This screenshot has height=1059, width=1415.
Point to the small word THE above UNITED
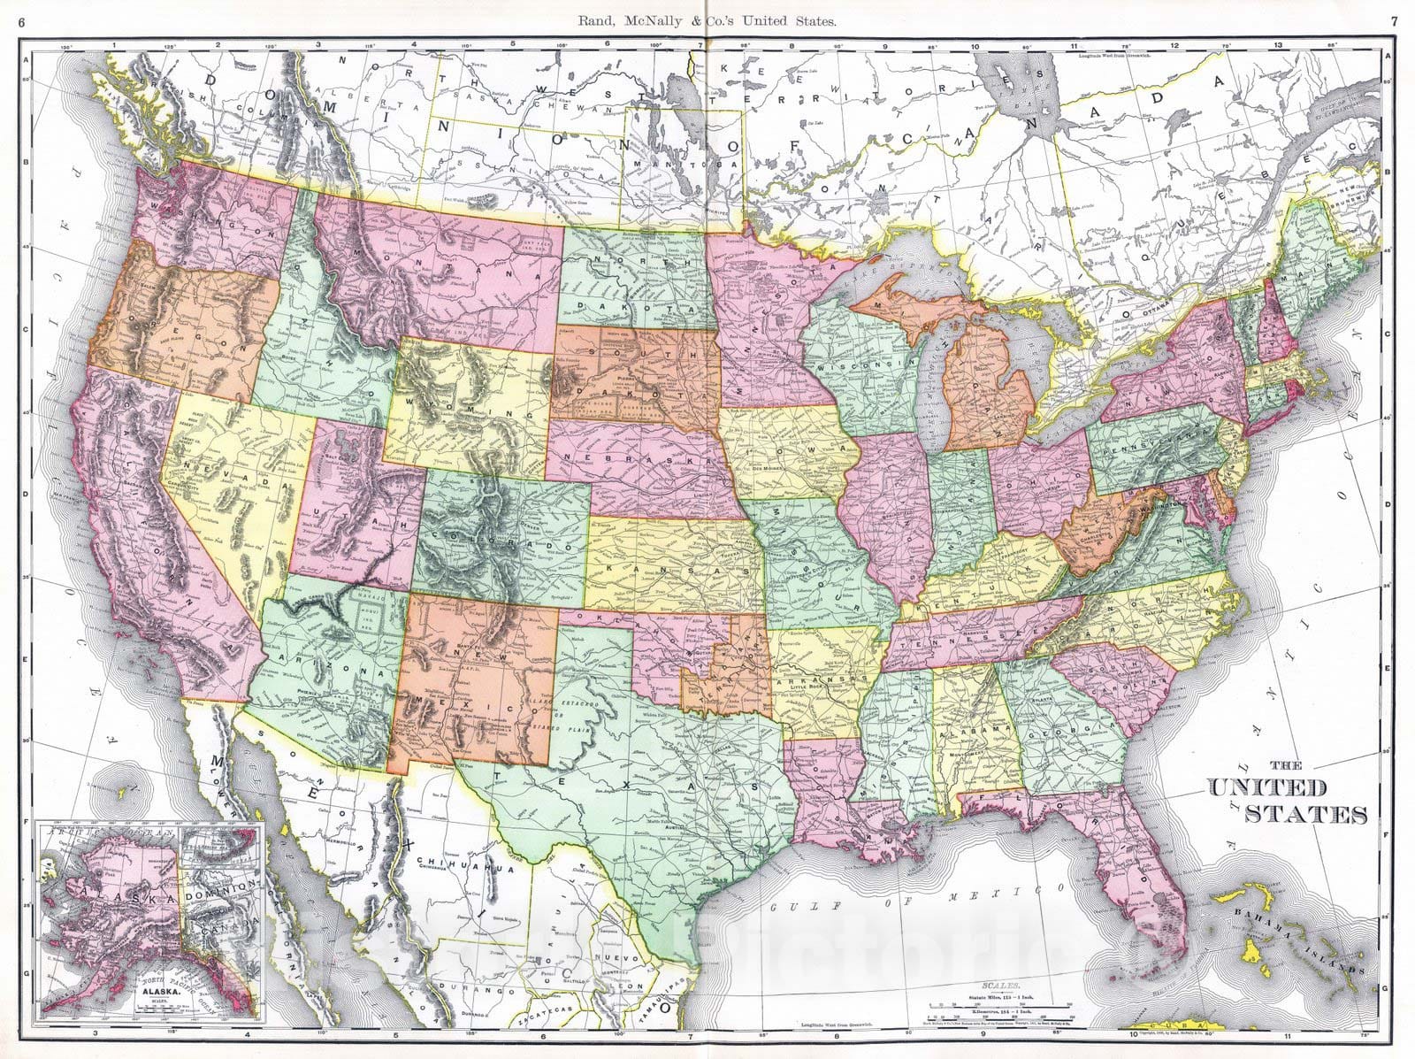click(1289, 766)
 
